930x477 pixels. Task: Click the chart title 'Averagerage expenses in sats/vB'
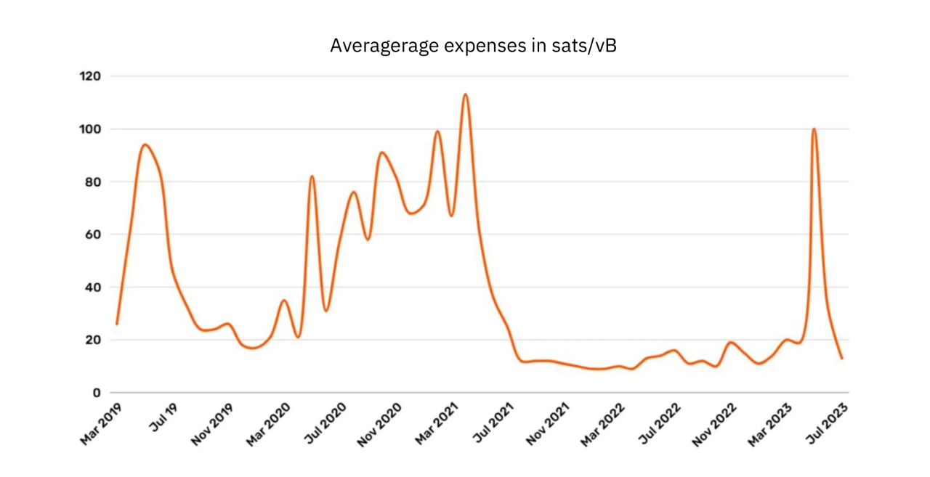click(473, 46)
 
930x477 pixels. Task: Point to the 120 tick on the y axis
click(90, 76)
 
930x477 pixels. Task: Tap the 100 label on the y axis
click(90, 129)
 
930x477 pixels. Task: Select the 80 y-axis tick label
click(92, 182)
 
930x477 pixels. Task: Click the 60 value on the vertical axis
click(92, 235)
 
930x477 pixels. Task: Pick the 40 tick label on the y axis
click(92, 287)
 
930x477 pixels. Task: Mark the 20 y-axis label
click(92, 340)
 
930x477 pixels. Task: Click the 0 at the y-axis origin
click(96, 393)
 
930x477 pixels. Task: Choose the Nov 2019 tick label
click(214, 424)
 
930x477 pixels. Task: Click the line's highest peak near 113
click(465, 94)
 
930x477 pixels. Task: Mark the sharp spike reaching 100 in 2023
click(814, 129)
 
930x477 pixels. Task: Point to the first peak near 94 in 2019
click(145, 144)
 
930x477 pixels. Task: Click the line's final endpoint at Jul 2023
click(842, 358)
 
